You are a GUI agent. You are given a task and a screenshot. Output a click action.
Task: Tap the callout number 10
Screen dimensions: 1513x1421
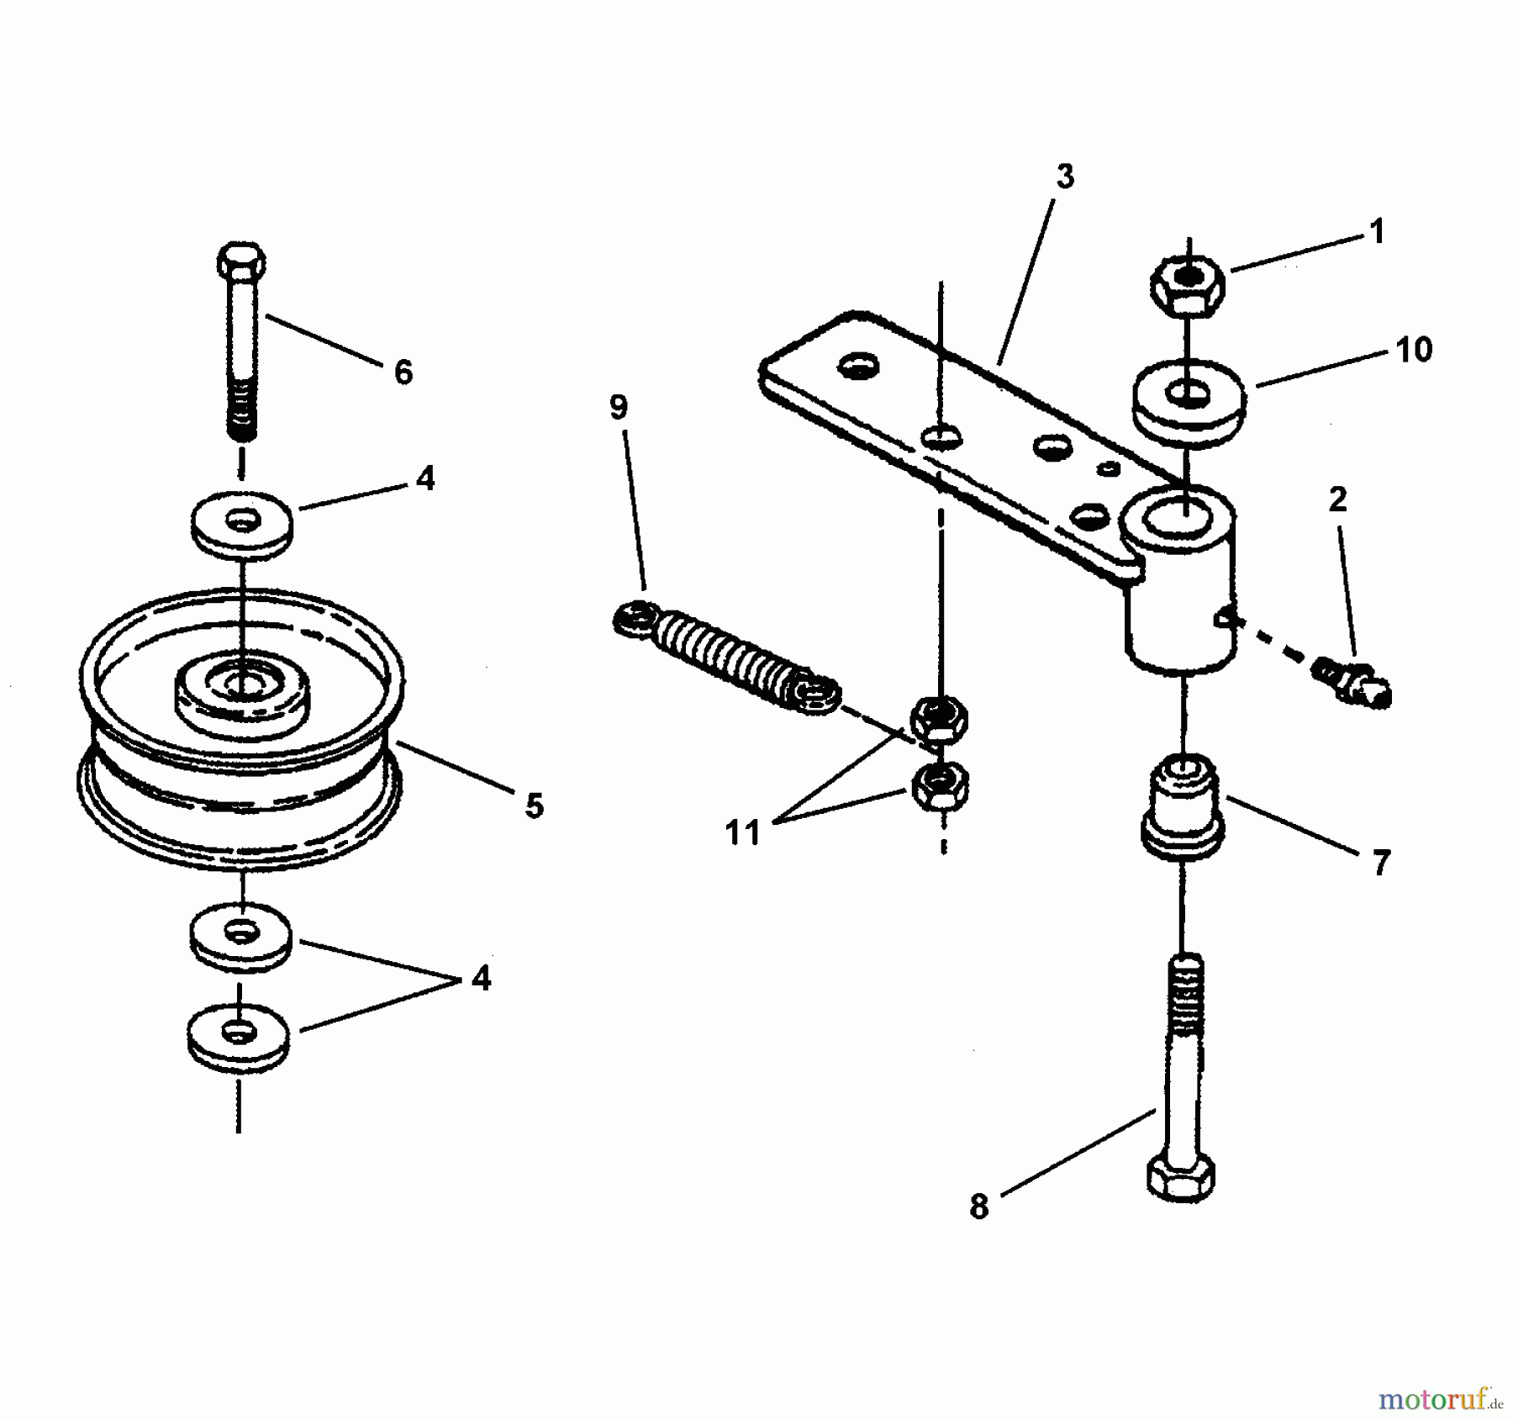point(1414,349)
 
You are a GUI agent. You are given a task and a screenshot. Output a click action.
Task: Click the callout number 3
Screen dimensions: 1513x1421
point(1065,177)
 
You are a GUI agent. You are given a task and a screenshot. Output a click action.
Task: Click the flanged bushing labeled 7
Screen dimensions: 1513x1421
point(1182,807)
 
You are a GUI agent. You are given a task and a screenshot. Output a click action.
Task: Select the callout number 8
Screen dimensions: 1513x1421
point(979,1207)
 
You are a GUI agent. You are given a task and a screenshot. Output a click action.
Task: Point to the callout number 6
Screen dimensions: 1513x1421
point(403,372)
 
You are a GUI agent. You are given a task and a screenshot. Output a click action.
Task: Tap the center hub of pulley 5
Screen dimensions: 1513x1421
point(242,685)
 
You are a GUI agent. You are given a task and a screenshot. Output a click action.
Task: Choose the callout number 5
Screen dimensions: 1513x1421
point(534,806)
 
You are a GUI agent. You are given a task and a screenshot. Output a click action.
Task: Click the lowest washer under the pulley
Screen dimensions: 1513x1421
point(239,1035)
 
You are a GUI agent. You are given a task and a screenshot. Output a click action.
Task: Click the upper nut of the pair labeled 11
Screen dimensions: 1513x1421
point(940,720)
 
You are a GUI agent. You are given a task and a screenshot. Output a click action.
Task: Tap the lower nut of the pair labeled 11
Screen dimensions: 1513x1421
point(940,786)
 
